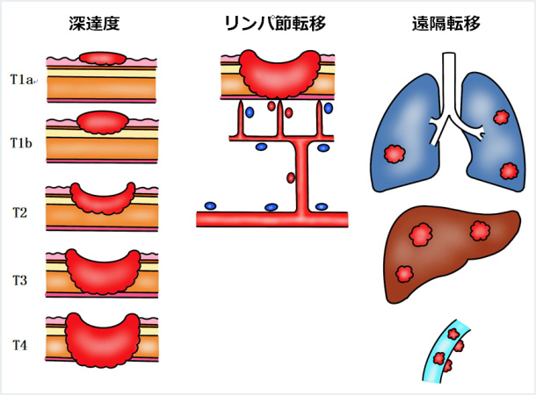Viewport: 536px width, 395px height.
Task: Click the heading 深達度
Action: pyautogui.click(x=100, y=24)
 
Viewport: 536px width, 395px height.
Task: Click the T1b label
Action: pyautogui.click(x=22, y=142)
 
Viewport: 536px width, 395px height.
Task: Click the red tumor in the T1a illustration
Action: pyautogui.click(x=102, y=59)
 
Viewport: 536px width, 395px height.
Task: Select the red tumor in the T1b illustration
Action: pyautogui.click(x=102, y=121)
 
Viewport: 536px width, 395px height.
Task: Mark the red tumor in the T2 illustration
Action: pyautogui.click(x=102, y=197)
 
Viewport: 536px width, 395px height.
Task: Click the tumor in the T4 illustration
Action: pyautogui.click(x=102, y=338)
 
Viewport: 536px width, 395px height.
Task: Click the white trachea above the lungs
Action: pyautogui.click(x=449, y=88)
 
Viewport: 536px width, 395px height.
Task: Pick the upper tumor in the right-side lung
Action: pyautogui.click(x=502, y=117)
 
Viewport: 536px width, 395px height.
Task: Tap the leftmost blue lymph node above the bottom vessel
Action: pyautogui.click(x=210, y=206)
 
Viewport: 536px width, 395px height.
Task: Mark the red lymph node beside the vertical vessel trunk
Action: pyautogui.click(x=291, y=178)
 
